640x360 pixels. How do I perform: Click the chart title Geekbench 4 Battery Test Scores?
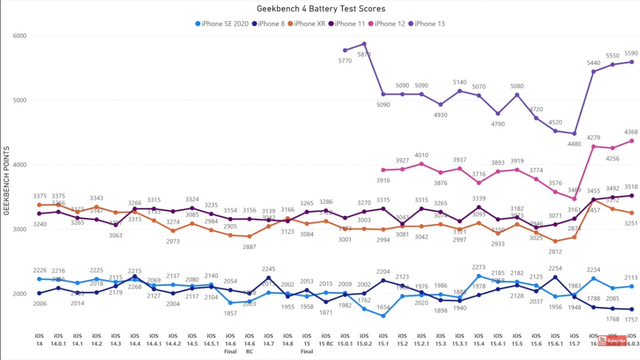tap(321, 8)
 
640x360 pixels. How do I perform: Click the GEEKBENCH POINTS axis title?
tap(7, 180)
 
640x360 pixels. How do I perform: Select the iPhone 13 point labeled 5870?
tap(364, 44)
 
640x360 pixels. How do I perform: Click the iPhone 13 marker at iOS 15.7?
tap(574, 134)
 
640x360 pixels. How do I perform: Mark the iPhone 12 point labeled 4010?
tap(422, 164)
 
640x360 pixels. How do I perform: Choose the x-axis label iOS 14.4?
tap(134, 339)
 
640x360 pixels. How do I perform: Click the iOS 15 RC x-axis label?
tap(326, 339)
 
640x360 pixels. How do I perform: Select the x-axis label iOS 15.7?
tap(574, 339)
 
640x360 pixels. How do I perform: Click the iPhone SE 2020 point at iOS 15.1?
tap(383, 316)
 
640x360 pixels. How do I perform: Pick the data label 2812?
tap(555, 252)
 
